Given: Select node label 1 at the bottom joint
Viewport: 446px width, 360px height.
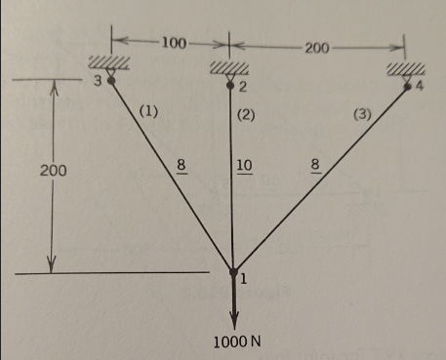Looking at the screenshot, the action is click(243, 280).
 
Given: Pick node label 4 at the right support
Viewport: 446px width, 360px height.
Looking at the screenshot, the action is click(421, 88).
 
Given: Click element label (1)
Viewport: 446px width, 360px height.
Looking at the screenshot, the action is click(148, 111).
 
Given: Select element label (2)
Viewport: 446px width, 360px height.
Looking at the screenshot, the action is click(247, 115).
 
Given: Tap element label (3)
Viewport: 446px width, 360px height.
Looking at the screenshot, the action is click(362, 115).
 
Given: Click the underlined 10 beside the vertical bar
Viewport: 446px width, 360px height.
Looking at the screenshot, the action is click(244, 164).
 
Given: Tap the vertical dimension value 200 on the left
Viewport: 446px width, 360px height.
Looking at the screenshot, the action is click(53, 170).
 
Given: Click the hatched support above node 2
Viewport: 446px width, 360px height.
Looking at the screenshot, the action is click(229, 69).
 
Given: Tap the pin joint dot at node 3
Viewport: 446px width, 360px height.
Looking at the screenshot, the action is click(111, 82).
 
